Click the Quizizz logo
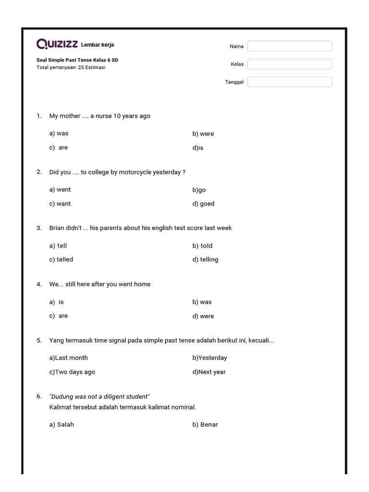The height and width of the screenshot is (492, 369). [57, 44]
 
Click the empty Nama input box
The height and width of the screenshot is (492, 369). [289, 46]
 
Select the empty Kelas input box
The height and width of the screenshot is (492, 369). [289, 64]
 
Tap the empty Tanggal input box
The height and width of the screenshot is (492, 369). [289, 82]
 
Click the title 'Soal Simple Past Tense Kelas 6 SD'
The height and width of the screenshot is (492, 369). [77, 60]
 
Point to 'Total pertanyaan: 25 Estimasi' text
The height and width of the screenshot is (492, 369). [71, 67]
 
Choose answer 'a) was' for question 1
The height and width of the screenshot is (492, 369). [59, 134]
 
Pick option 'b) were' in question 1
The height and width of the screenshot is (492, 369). [203, 134]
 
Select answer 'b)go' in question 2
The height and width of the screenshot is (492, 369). [199, 190]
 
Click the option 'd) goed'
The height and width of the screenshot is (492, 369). [203, 204]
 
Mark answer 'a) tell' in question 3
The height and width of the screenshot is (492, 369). [58, 246]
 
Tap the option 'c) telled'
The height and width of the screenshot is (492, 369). [61, 259]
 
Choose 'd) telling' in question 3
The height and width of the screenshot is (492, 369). [205, 259]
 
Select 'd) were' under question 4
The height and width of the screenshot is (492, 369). [203, 316]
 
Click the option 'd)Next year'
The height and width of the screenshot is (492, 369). [209, 372]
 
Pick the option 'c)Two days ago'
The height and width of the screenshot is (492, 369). [72, 372]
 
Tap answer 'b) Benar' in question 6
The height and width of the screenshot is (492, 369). [205, 424]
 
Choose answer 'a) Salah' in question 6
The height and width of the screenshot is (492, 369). [61, 424]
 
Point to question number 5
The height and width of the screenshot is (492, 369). [39, 340]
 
